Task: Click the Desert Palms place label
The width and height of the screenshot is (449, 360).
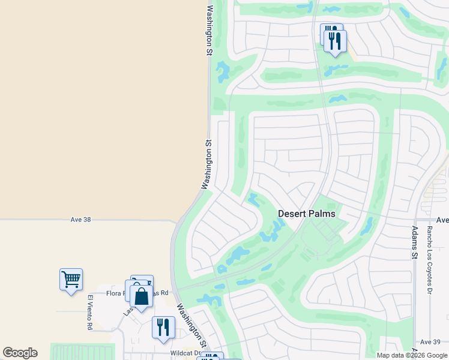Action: pos(306,214)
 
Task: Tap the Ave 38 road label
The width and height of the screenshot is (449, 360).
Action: pos(80,220)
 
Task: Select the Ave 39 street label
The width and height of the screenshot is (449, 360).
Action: pos(430,341)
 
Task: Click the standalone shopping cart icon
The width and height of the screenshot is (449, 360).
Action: pos(71,279)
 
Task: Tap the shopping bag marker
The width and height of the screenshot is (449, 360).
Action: pos(141,296)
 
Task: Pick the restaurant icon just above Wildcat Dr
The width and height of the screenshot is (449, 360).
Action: pos(163,327)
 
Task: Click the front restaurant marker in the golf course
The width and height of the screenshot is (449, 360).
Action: pos(335,41)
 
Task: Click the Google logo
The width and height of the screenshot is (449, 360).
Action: pos(20,353)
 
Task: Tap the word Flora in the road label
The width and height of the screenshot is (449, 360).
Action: pos(114,293)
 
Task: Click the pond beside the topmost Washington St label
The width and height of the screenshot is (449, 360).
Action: pos(223,72)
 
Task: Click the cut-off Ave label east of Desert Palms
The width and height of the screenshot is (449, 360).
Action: pos(442,220)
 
